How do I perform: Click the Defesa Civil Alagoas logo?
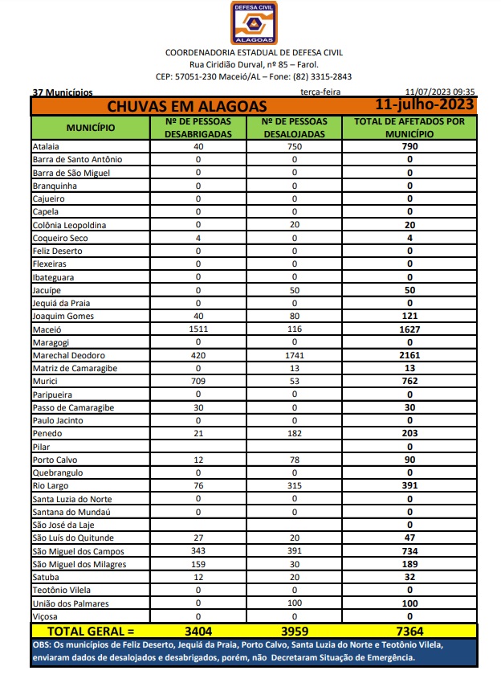[x=254, y=22]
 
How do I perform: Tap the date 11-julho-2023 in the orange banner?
[x=425, y=105]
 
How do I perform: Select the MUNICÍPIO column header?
[x=90, y=128]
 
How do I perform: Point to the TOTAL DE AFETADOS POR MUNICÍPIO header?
[x=409, y=128]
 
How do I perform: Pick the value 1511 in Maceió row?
[x=198, y=329]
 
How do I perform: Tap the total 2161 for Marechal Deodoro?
[x=409, y=355]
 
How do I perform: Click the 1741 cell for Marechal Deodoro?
[x=295, y=355]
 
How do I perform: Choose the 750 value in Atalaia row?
[x=295, y=147]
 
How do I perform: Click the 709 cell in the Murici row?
[x=198, y=382]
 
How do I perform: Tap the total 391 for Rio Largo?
[x=409, y=486]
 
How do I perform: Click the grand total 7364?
[x=409, y=632]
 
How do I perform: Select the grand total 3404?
[x=198, y=632]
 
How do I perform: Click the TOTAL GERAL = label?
[x=91, y=632]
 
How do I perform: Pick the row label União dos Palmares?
[x=72, y=603]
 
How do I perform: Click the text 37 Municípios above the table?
[x=63, y=92]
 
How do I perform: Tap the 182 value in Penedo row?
[x=295, y=434]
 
